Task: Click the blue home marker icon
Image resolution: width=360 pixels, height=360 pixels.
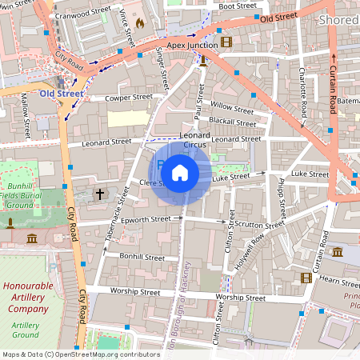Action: pyautogui.click(x=180, y=172)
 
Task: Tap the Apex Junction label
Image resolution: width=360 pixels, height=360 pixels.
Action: pyautogui.click(x=192, y=46)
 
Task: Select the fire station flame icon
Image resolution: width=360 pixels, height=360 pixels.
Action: pyautogui.click(x=141, y=24)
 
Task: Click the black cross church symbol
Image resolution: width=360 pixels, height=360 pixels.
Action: pyautogui.click(x=100, y=194)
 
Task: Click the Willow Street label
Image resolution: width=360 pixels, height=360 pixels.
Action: pyautogui.click(x=231, y=106)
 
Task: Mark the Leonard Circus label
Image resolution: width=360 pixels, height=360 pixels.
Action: pyautogui.click(x=194, y=140)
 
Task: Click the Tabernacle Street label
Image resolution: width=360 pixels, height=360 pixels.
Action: pyautogui.click(x=117, y=214)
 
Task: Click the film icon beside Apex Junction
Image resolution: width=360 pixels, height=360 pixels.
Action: pyautogui.click(x=226, y=42)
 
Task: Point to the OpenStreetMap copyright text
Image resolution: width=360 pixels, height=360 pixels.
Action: pyautogui.click(x=81, y=354)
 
